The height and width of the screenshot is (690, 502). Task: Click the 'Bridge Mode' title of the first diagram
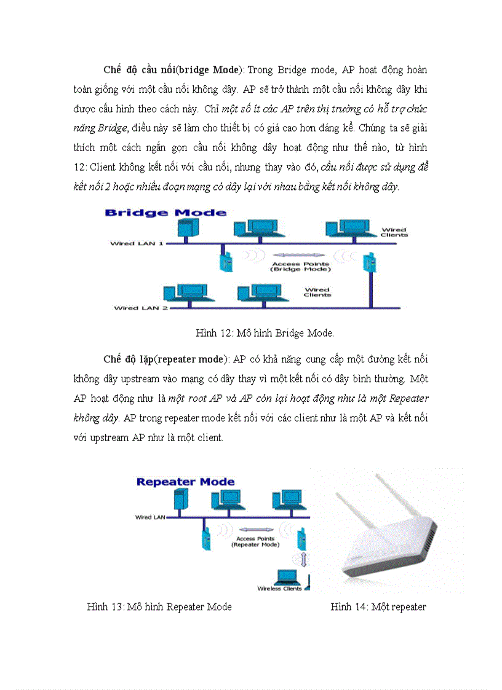tap(165, 213)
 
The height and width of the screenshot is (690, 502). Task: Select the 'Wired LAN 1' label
tap(137, 243)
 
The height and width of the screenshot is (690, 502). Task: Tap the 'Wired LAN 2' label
tap(141, 308)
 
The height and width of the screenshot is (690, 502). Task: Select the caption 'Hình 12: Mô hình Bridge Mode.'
tap(265, 333)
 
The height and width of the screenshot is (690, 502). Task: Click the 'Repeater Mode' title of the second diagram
tap(185, 482)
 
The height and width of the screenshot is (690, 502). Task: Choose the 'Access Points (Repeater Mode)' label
tap(255, 541)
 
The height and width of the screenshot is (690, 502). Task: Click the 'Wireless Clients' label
tap(280, 589)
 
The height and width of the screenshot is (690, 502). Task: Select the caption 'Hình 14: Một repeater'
tap(378, 607)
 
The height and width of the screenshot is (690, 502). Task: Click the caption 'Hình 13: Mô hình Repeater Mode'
tap(159, 607)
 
